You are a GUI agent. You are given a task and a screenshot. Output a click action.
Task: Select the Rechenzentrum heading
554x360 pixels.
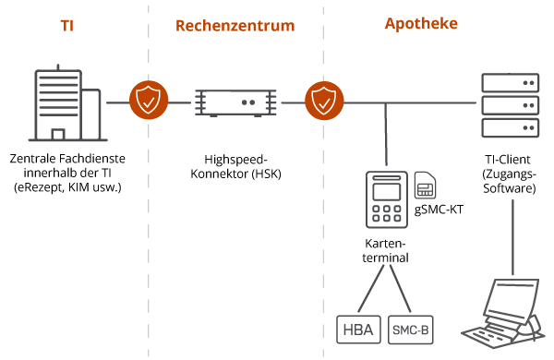(x=235, y=26)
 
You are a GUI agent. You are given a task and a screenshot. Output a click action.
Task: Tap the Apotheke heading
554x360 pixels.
(x=421, y=23)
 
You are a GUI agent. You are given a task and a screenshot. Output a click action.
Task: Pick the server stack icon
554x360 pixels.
(x=510, y=102)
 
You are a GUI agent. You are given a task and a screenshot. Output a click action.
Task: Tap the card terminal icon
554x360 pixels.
(x=387, y=198)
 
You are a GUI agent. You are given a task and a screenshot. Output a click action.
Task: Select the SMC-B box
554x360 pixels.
(x=410, y=330)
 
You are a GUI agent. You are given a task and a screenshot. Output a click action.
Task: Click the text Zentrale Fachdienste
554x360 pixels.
(x=67, y=158)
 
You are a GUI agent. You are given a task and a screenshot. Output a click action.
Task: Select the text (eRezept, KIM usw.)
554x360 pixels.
(x=67, y=187)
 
